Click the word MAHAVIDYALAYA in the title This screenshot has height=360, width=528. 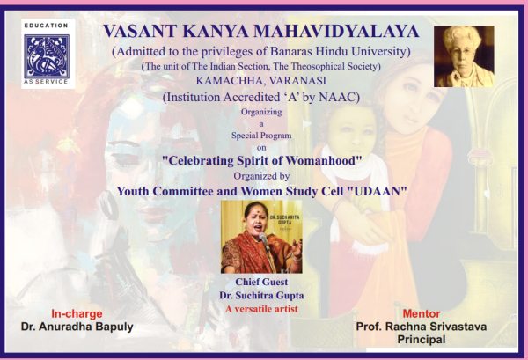[336, 31]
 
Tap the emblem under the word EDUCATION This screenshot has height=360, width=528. [47, 56]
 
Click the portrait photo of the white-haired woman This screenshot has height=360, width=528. [464, 56]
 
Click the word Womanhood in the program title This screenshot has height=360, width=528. [321, 160]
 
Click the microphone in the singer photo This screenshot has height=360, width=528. [265, 242]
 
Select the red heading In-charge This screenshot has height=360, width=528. [77, 314]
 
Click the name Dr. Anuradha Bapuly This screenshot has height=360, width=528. [77, 327]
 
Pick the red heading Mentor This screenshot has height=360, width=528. [422, 314]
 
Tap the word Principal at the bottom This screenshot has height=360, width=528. [422, 339]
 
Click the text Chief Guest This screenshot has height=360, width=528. [261, 282]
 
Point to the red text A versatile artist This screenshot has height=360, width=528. [261, 309]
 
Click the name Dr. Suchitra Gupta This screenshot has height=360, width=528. [261, 296]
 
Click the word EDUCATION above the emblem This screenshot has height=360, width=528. [47, 26]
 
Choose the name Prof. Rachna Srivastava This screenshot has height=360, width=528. [422, 327]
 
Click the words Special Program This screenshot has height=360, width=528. [261, 136]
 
